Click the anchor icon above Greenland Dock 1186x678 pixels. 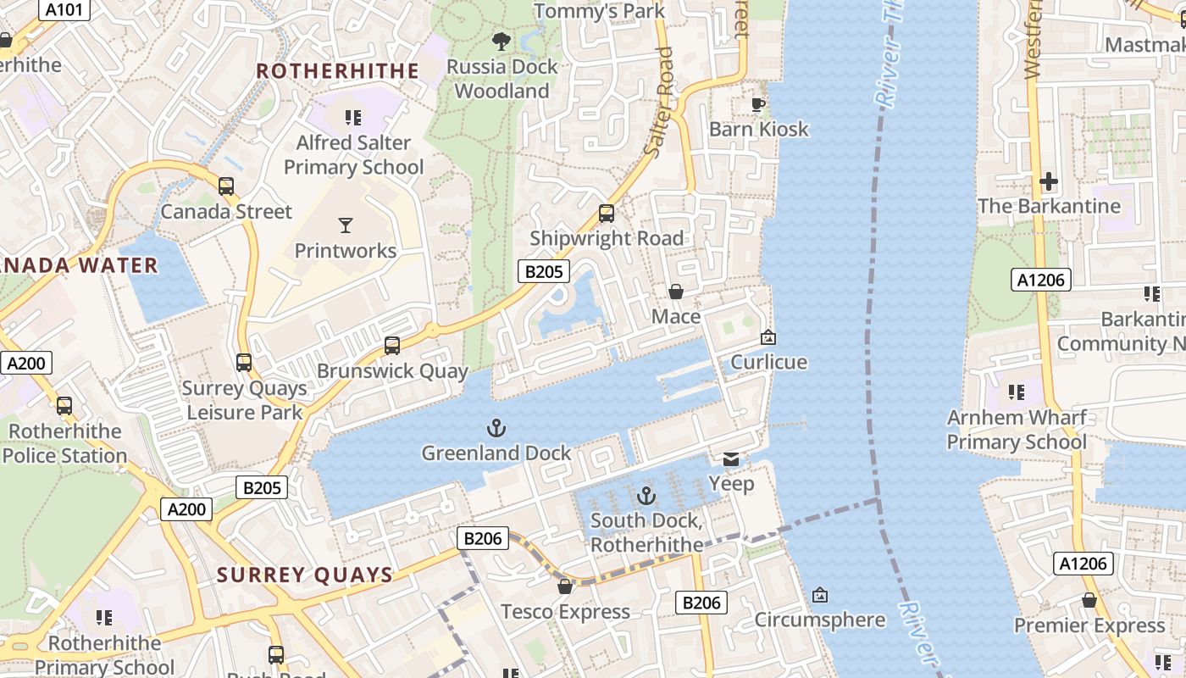497,428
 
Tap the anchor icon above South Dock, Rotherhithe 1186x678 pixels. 646,495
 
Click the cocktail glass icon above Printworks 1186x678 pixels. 346,225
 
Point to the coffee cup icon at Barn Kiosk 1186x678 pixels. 758,104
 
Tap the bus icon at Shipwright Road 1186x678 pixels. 607,214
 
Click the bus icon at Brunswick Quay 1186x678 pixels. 391,346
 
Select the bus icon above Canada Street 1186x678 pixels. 226,186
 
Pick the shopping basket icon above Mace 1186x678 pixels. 676,292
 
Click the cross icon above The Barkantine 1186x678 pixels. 1049,181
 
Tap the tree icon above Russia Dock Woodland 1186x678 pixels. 502,41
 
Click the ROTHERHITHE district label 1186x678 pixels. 338,71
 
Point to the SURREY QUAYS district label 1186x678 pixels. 305,575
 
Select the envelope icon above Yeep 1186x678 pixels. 731,459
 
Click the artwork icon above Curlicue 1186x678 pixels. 768,337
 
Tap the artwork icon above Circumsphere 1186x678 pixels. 819,595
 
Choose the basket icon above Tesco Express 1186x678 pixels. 565,586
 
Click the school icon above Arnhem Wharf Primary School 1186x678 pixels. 1016,392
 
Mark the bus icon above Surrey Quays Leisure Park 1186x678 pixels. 244,363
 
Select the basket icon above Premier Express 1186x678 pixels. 1089,601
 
